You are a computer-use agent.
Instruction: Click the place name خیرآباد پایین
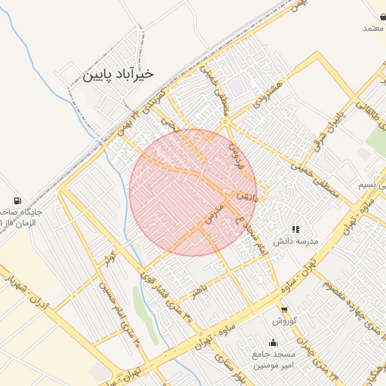117,75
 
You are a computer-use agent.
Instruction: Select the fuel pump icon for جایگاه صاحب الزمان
17,201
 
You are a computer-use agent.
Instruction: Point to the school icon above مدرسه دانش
296,228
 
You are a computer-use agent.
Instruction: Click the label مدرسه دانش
296,240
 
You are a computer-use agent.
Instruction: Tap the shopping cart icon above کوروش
284,309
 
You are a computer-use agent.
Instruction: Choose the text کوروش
286,321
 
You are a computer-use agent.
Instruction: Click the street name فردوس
235,152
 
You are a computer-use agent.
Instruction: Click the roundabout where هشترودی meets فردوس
225,121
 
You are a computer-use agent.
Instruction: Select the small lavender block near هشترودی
237,87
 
